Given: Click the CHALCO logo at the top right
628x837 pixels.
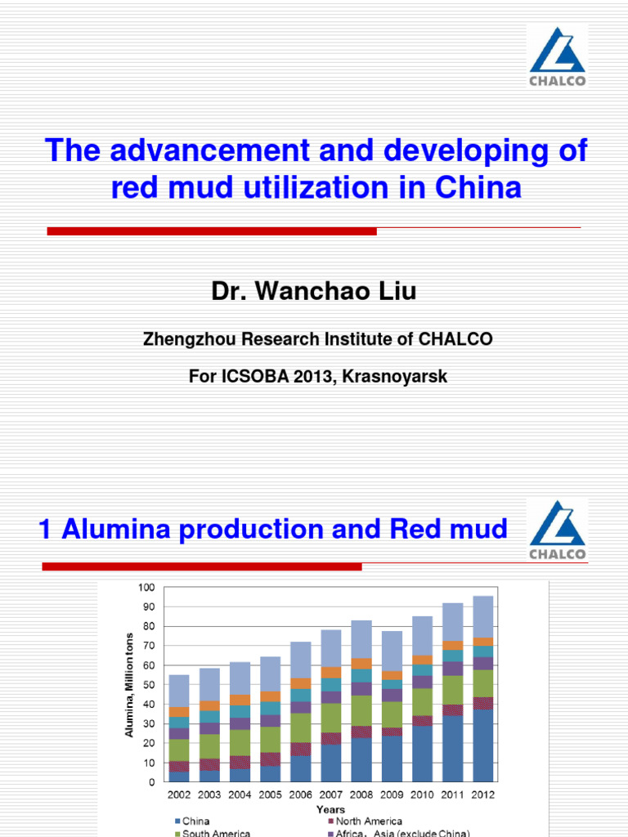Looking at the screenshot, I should click(x=556, y=55).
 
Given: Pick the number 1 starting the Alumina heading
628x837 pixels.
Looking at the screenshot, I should click(x=47, y=529).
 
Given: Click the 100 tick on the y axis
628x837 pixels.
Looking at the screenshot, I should click(x=146, y=587).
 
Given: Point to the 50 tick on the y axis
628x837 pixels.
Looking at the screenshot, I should click(x=148, y=684).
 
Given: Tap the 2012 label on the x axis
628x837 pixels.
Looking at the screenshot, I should click(x=482, y=794).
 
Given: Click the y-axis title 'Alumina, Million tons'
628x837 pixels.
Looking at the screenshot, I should click(x=129, y=684).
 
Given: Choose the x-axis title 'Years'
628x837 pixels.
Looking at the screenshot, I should click(x=332, y=808).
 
